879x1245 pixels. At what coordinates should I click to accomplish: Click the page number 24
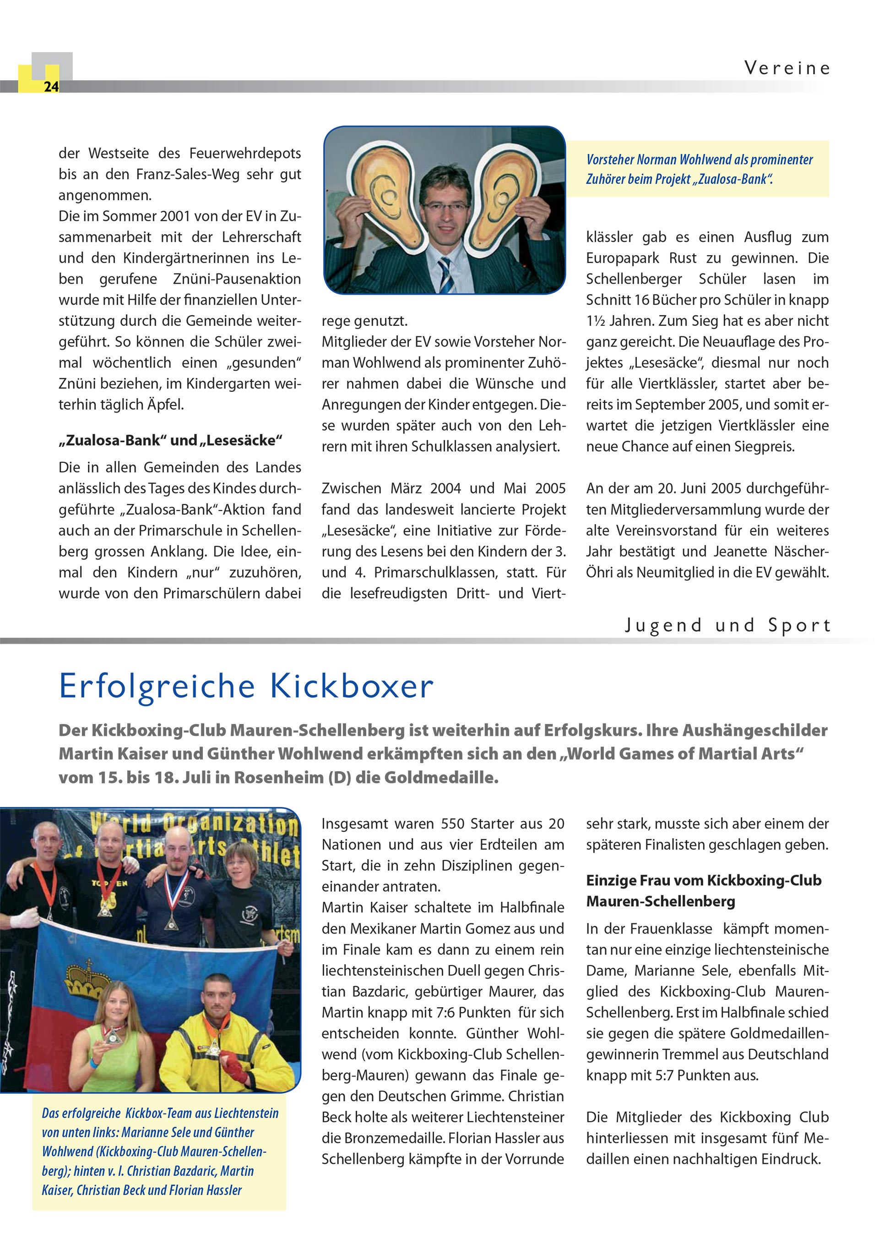(51, 87)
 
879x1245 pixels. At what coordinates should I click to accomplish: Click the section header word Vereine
(787, 68)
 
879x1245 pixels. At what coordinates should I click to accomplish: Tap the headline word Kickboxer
(352, 686)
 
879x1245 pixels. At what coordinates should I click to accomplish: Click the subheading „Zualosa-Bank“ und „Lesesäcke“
(171, 440)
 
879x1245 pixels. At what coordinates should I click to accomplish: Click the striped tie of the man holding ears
(446, 274)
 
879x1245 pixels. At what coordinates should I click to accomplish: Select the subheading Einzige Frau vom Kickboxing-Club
(703, 881)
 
